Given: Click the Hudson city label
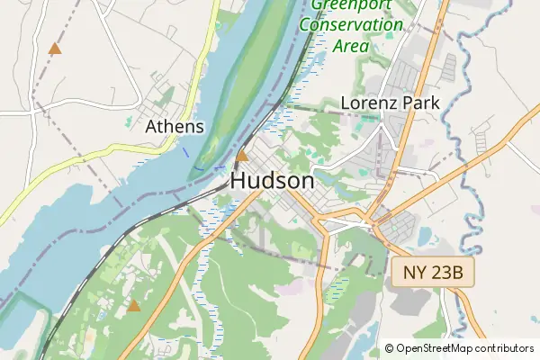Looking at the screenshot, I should (x=273, y=180).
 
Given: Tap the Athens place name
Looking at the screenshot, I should (x=175, y=127).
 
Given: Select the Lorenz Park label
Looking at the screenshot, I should (x=390, y=103).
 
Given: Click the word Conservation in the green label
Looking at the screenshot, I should (x=351, y=25).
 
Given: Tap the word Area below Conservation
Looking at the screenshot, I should (x=352, y=45).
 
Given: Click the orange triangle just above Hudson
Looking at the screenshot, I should (x=241, y=156).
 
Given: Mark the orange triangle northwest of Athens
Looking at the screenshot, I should (x=56, y=49).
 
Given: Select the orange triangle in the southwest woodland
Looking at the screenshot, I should (x=134, y=306).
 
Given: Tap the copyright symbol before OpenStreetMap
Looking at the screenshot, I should (x=389, y=348).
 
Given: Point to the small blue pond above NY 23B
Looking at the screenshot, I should (x=424, y=239).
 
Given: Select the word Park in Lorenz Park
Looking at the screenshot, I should (x=421, y=103).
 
